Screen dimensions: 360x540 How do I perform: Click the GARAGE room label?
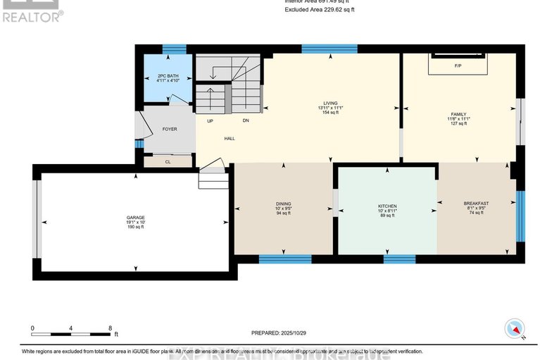[135, 216]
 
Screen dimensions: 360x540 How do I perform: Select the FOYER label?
[170, 129]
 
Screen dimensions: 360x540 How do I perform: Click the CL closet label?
[168, 161]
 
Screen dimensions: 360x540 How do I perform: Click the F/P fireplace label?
[457, 66]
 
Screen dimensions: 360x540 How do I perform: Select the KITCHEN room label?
[387, 206]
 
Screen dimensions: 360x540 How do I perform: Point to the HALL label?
[230, 138]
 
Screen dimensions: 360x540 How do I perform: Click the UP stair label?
[210, 121]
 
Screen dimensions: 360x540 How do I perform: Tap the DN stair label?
[246, 121]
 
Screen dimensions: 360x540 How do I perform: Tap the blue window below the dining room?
[284, 259]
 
